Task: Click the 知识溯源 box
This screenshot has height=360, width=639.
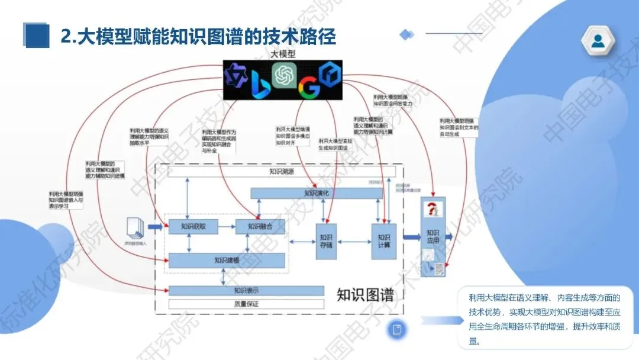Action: [x=281, y=172]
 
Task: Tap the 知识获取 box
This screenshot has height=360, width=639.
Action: [x=193, y=226]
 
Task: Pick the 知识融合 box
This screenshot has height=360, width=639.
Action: [x=260, y=226]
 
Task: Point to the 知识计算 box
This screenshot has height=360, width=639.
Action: [x=383, y=241]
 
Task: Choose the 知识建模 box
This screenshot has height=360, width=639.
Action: [x=227, y=261]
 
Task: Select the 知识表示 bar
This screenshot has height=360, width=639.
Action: [x=246, y=290]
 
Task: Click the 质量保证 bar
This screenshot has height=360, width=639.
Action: [x=246, y=304]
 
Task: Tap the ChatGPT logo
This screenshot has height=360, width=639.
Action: [x=283, y=75]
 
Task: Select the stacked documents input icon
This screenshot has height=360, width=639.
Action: [x=135, y=228]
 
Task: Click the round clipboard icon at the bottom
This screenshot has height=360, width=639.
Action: [x=398, y=329]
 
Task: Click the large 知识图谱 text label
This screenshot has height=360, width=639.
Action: [x=365, y=294]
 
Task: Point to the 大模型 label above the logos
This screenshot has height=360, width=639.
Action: [x=283, y=53]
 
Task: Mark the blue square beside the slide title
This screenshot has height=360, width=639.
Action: [x=36, y=36]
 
